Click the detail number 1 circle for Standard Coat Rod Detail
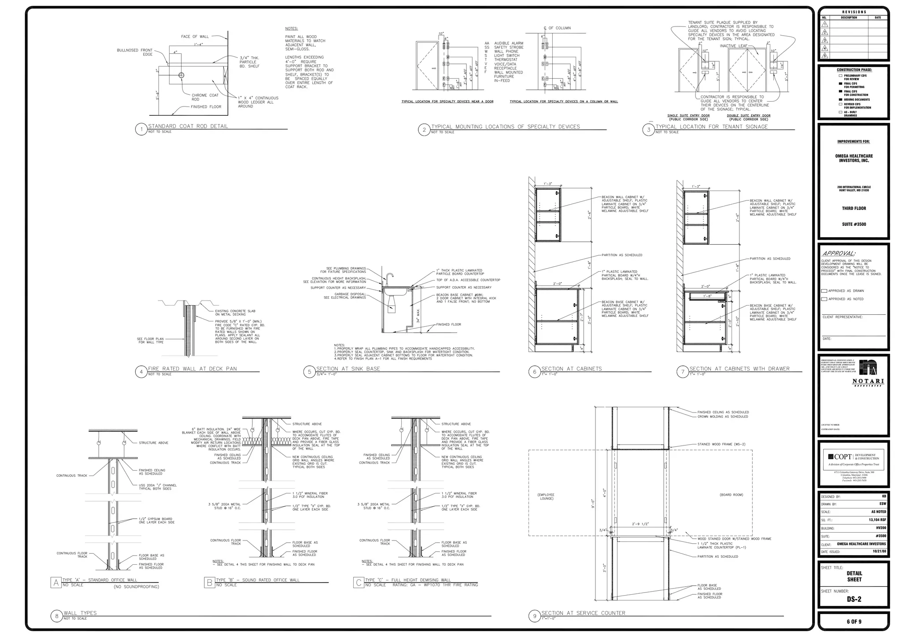click(x=141, y=129)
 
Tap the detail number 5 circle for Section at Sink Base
click(x=309, y=372)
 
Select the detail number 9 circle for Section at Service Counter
click(x=535, y=616)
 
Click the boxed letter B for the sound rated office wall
click(x=209, y=583)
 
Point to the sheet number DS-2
click(x=854, y=599)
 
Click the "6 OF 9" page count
click(x=854, y=622)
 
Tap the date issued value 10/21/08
click(x=879, y=551)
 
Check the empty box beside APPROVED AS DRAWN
click(x=824, y=291)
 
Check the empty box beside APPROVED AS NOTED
click(x=824, y=299)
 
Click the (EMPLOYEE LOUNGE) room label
click(x=546, y=497)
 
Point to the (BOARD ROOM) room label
click(x=731, y=495)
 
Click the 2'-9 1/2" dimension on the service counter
click(x=641, y=524)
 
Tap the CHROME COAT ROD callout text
click(x=205, y=97)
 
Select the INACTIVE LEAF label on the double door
click(x=733, y=46)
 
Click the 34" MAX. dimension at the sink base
click(x=418, y=316)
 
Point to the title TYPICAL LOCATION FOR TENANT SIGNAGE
click(x=711, y=127)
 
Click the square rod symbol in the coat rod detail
click(x=181, y=75)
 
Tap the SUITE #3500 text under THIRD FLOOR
click(x=854, y=224)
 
